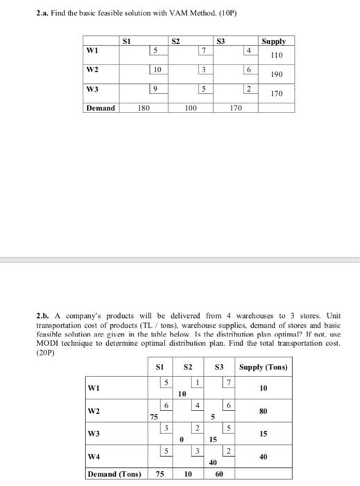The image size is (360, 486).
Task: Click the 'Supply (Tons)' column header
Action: point(263,367)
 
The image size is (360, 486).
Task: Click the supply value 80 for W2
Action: point(263,411)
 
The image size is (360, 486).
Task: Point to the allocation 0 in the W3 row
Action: point(181,439)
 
